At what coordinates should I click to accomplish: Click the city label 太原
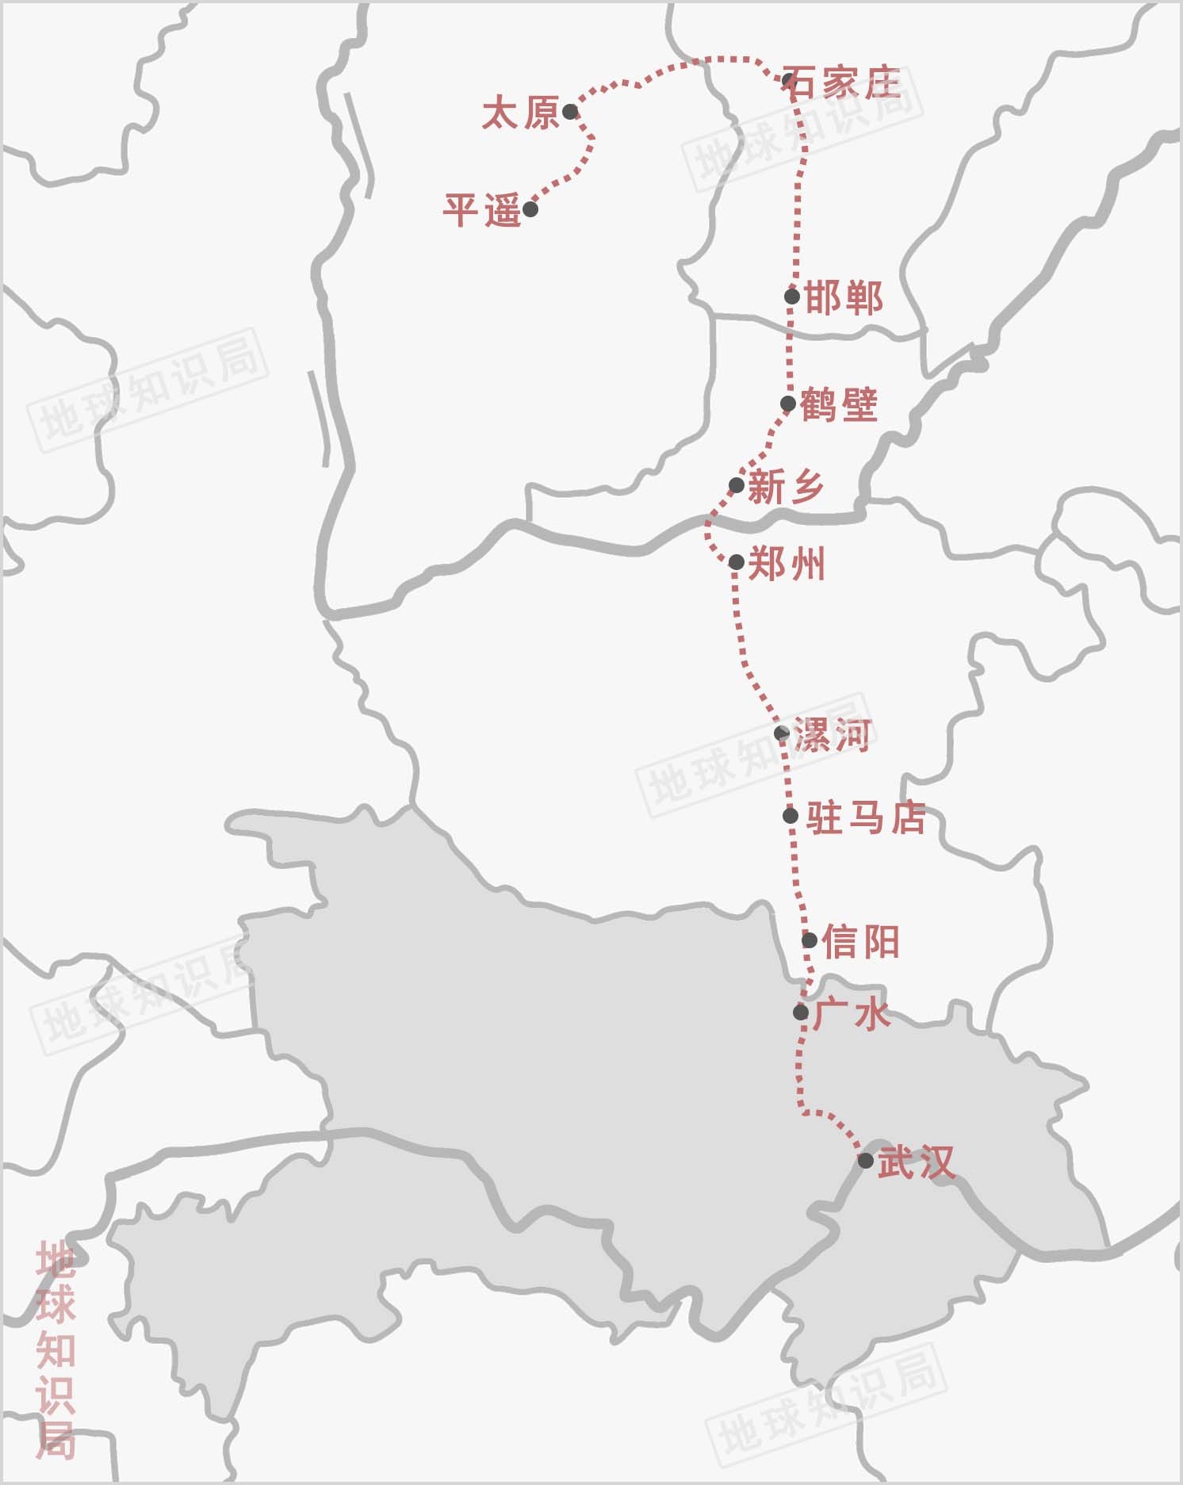coord(520,113)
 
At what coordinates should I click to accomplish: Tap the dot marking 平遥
coord(530,209)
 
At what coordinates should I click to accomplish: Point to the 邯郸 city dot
coord(791,297)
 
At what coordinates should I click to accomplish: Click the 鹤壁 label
coord(839,404)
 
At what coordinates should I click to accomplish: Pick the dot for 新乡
coord(736,485)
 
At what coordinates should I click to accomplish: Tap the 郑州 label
coord(787,564)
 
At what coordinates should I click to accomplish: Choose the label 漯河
coord(833,735)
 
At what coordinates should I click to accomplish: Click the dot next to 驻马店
coord(791,816)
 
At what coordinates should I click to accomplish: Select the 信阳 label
coord(860,941)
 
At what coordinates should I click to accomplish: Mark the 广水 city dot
coord(801,1012)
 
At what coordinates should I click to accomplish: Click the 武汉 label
coord(916,1162)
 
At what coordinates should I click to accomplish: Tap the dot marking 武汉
coord(866,1161)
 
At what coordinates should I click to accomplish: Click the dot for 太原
coord(570,112)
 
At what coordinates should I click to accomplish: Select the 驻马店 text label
coord(866,817)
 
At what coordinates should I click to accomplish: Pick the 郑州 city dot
coord(736,562)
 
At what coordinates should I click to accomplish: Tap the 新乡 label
coord(786,486)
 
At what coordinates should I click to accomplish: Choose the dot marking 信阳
coord(809,940)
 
